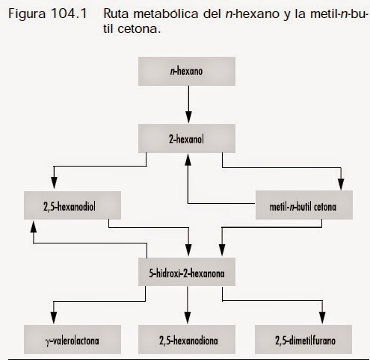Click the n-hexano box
click(188, 72)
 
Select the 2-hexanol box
click(188, 139)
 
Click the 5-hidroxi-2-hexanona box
click(188, 273)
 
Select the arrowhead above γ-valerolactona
click(55, 320)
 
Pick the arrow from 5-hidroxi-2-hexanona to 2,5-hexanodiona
click(188, 306)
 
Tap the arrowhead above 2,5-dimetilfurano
click(322, 320)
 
